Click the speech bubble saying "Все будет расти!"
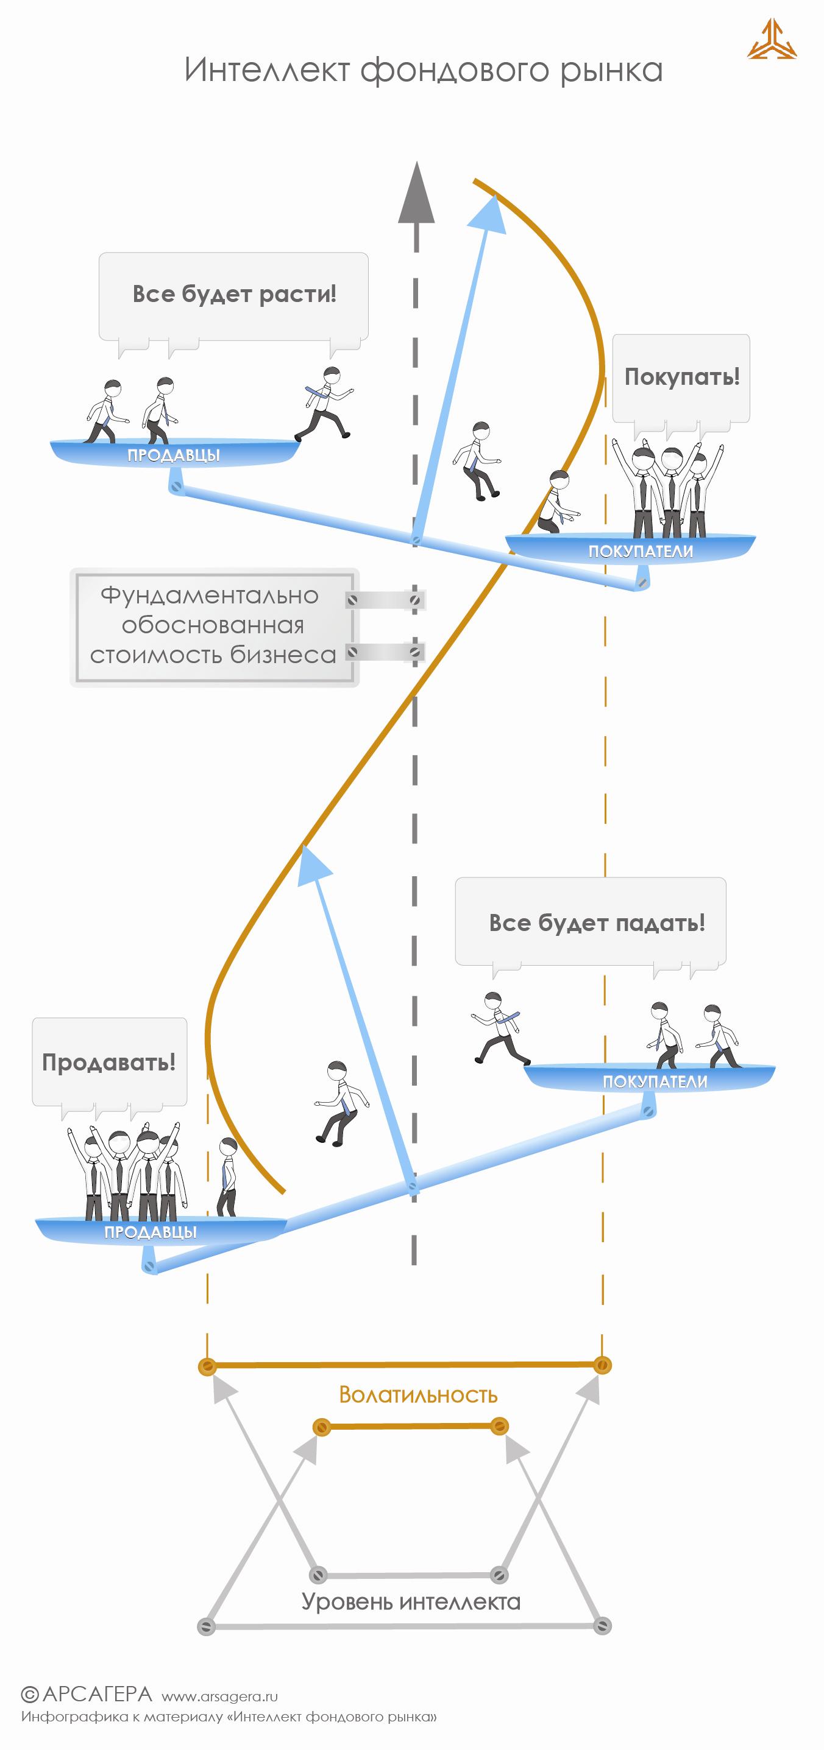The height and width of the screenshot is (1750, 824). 233,295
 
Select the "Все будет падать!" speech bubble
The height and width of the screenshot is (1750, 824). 591,922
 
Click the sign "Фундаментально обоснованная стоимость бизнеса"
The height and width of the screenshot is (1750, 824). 214,627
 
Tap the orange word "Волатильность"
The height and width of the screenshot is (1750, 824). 418,1394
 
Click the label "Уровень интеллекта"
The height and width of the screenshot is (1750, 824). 411,1601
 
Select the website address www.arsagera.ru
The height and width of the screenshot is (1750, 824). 219,1696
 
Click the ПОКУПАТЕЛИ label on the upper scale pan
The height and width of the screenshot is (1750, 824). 641,552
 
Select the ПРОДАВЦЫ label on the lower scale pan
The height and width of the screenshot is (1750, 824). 151,1232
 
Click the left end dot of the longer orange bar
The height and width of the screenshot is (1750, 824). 207,1366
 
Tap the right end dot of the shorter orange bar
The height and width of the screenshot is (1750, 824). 500,1427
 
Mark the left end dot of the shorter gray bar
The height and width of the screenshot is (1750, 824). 318,1574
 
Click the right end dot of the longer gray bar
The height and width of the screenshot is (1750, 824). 602,1626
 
